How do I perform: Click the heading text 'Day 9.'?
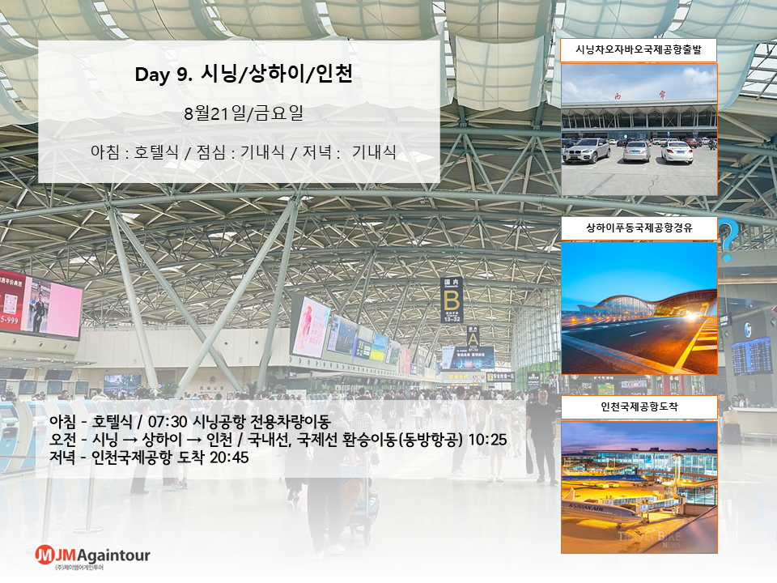point(163,74)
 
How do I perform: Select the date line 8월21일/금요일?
point(244,113)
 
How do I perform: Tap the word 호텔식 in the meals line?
point(156,151)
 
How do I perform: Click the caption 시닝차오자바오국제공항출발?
point(639,49)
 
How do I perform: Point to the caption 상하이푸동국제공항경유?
point(639,228)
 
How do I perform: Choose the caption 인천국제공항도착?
point(639,406)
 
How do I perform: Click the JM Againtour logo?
point(92,556)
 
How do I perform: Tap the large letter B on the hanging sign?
point(452,301)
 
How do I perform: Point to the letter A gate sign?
point(473,338)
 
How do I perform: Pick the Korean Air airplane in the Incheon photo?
point(607,513)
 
